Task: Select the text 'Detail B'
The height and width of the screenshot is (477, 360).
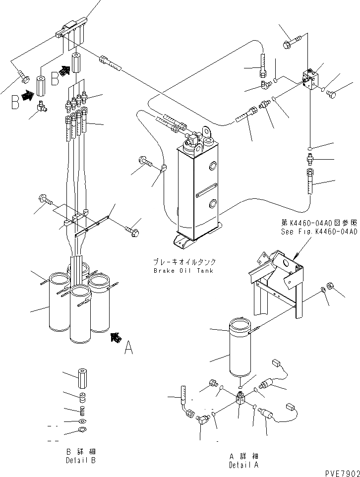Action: coord(80,461)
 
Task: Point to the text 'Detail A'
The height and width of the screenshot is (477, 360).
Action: coord(243,465)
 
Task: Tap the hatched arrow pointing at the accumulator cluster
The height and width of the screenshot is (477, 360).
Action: coord(116,338)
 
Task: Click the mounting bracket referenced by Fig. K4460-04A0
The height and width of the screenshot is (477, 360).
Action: coord(278,283)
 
